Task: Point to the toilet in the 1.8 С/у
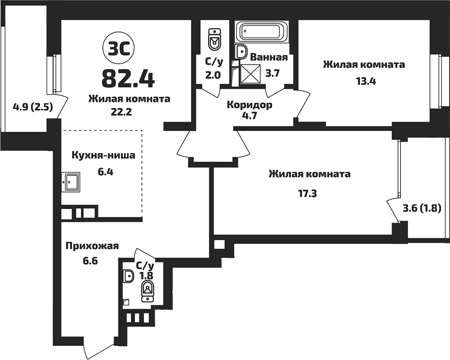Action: point(147,291)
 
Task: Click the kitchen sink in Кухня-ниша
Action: point(70,182)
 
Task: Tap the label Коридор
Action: point(249,105)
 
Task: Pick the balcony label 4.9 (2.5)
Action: point(32,107)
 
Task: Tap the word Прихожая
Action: point(92,246)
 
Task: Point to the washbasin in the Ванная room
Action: point(241,52)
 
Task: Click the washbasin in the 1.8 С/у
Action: point(128,276)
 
